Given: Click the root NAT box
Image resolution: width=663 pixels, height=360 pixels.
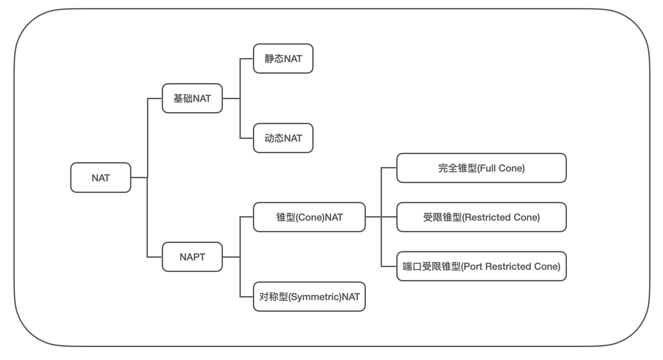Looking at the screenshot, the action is (101, 177).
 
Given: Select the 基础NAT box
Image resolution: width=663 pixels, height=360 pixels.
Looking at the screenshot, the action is (192, 98).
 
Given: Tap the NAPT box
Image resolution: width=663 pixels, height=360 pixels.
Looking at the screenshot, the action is (192, 257).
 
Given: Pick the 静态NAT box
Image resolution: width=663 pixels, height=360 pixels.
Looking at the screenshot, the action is (283, 59).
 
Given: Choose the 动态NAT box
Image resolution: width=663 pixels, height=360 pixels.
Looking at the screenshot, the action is (283, 138).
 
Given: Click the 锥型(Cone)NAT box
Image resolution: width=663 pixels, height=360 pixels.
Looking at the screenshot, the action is (309, 217).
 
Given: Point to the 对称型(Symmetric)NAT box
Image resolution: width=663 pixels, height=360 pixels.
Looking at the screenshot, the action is (309, 297).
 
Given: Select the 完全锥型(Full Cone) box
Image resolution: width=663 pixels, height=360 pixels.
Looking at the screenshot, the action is (482, 168).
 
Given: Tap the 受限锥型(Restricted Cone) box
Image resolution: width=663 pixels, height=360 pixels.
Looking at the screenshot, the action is (482, 217).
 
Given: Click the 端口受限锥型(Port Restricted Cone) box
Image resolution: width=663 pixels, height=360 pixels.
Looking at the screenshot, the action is (482, 266).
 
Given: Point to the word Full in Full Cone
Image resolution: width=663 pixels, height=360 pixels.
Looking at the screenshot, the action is (487, 168).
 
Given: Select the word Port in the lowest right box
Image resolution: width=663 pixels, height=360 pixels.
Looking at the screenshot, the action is (473, 267).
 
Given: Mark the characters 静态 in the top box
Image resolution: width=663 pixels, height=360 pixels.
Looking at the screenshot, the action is (274, 59).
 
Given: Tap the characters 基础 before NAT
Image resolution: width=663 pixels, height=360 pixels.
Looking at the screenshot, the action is (183, 98).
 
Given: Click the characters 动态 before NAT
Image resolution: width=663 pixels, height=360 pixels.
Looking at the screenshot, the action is (274, 138).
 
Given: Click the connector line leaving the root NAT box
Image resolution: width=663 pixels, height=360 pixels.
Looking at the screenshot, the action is (139, 177).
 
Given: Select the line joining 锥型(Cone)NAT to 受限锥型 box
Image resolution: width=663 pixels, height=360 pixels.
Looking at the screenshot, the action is (381, 217).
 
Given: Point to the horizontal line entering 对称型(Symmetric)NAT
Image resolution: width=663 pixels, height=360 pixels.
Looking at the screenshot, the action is (247, 297).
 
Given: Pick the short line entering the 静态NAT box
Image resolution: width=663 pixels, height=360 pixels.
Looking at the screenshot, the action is (247, 59).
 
